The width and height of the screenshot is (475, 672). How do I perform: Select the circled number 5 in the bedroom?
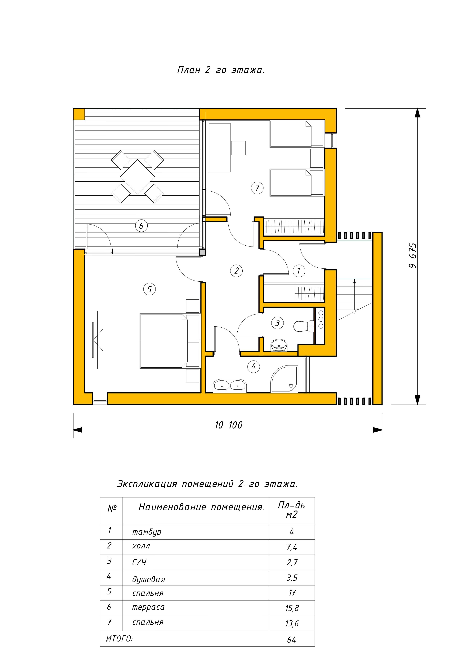[x=150, y=289]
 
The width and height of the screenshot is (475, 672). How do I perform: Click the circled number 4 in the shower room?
[x=253, y=366]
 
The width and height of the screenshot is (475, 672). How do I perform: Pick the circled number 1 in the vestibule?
[x=299, y=271]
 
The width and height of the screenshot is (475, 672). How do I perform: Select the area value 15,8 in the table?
[x=292, y=608]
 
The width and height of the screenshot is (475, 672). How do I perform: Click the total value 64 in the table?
[x=291, y=640]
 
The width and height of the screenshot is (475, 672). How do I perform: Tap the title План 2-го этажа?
[x=221, y=70]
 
